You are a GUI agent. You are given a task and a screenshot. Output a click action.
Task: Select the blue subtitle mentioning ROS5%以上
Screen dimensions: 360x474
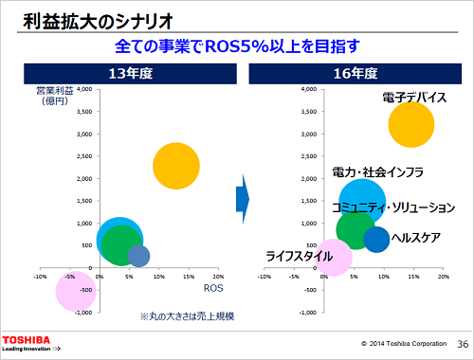tap(237, 45)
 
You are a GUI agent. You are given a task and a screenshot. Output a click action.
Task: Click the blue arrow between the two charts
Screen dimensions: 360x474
tap(242, 196)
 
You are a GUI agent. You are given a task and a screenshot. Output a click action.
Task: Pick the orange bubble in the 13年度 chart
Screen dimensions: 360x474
tap(175, 167)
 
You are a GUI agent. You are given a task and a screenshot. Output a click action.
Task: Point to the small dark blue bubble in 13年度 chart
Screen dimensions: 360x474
tap(138, 256)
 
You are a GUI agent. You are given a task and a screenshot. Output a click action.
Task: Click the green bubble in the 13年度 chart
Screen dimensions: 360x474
tap(120, 245)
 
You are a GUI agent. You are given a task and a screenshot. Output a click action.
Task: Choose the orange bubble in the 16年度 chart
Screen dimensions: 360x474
tap(410, 125)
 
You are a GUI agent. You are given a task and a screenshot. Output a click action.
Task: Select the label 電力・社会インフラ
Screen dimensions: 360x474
tap(376, 172)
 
